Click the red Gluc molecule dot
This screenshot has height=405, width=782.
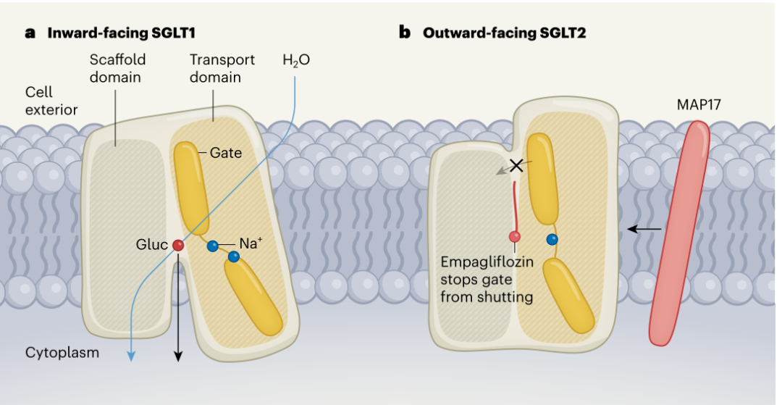coord(178,245)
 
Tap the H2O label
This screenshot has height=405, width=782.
coord(296,61)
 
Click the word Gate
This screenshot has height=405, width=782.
coord(225,153)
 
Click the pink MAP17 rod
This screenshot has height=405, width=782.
coord(679,233)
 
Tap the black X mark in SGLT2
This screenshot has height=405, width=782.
coord(517,165)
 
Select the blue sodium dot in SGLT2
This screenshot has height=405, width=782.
coord(552,239)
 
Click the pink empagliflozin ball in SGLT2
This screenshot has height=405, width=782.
coord(514,237)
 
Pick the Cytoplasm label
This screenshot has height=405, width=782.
coord(62,353)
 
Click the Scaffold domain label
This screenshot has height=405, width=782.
coord(118,68)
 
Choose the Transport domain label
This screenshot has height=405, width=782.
coord(222,68)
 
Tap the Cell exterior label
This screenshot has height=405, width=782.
coord(51,101)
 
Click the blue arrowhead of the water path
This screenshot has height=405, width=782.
coord(130,354)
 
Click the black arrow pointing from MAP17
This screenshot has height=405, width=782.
coord(644,229)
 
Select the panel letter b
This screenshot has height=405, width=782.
coord(404,33)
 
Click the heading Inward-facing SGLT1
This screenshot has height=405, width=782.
coord(121,33)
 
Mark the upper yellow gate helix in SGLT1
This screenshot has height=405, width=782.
coord(192,188)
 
